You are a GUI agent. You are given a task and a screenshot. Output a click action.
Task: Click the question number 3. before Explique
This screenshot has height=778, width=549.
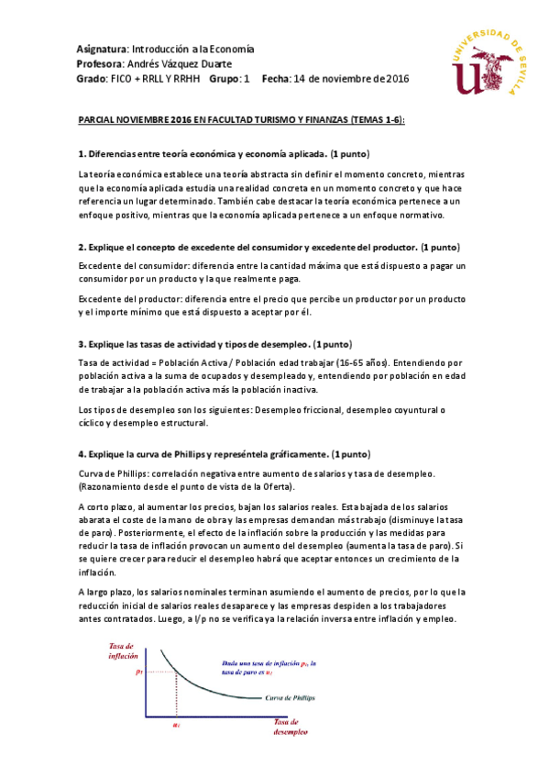coord(81,344)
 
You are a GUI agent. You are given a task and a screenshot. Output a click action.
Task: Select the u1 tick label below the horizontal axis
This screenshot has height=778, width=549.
coord(177,725)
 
